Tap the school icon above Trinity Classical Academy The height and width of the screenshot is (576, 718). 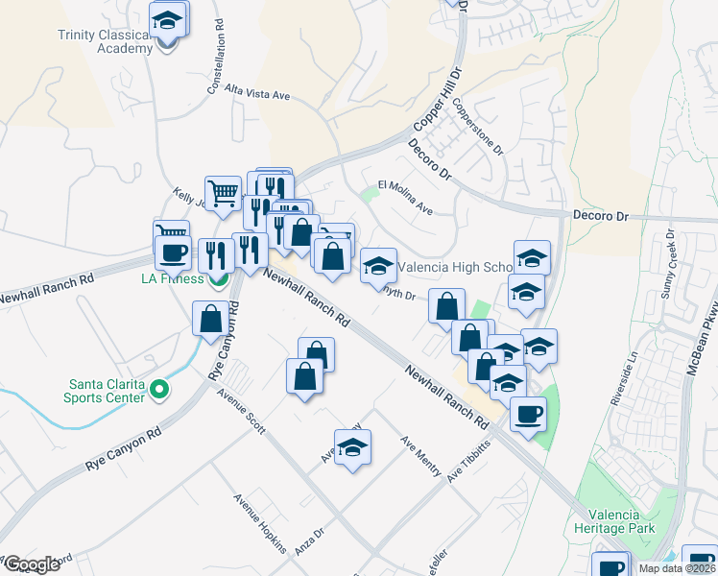coord(168,20)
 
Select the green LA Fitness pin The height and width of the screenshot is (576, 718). coord(220,279)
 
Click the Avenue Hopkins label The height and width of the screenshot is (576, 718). coord(261,525)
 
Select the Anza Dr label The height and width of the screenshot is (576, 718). coord(312,528)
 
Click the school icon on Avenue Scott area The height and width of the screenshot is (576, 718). coord(352,448)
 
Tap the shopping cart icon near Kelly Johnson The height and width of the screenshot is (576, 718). coord(224,192)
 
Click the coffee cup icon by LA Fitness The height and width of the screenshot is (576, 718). coord(174,252)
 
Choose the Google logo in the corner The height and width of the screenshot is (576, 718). coord(31,564)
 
